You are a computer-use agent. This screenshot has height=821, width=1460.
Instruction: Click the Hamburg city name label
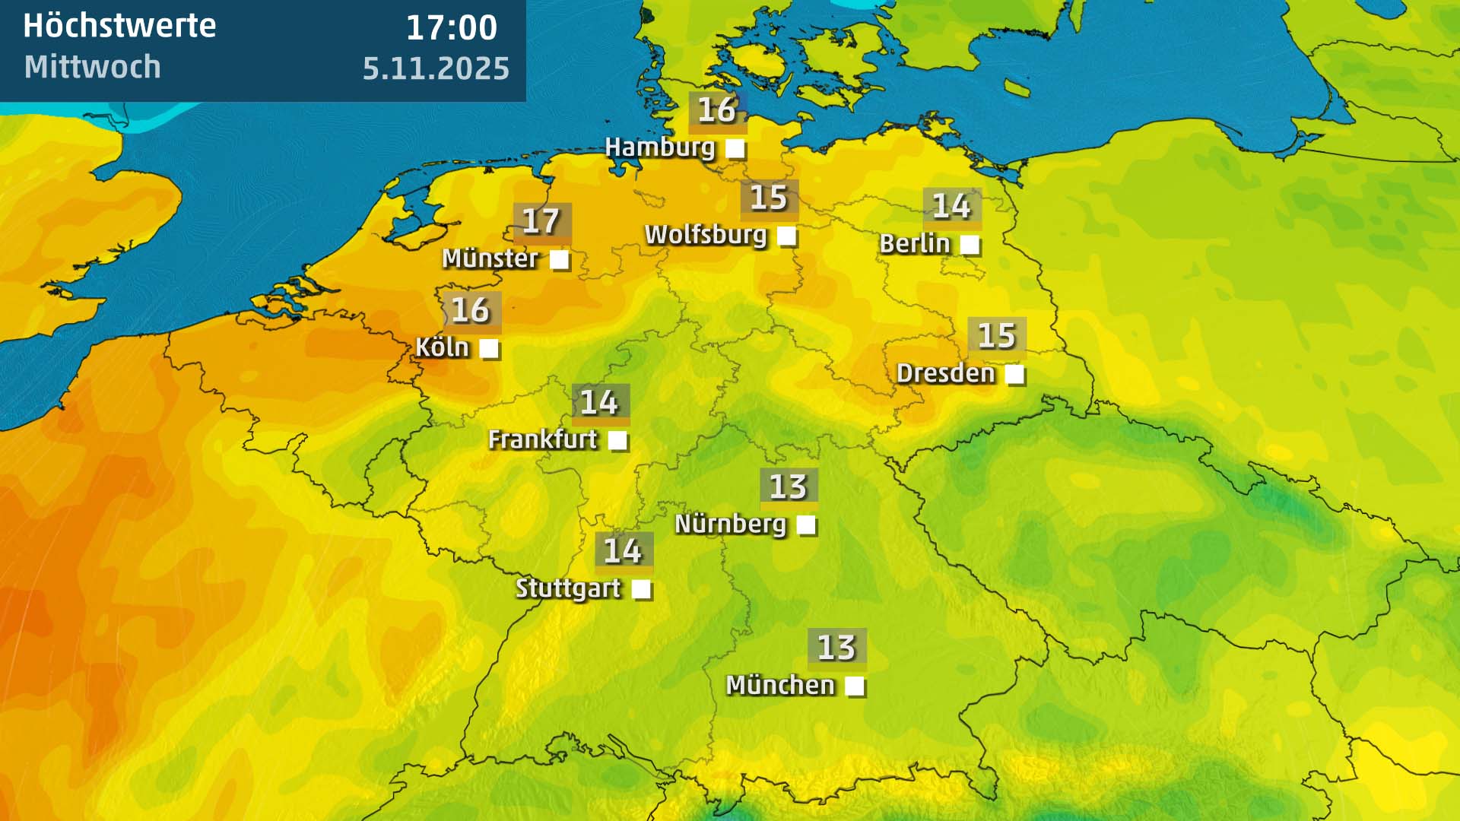[660, 147]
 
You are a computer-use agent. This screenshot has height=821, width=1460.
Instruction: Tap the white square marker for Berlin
[970, 245]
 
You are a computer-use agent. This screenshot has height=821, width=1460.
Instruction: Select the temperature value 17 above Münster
[541, 221]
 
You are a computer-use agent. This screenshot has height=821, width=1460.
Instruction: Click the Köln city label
[442, 347]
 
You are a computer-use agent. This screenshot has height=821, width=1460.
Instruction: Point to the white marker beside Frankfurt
[617, 440]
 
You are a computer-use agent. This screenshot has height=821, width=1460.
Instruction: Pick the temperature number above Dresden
[996, 336]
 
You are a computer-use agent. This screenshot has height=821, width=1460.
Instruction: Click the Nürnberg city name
[730, 524]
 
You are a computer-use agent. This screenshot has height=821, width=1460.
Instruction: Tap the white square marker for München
[855, 686]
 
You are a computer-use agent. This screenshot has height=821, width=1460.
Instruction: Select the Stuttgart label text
[568, 588]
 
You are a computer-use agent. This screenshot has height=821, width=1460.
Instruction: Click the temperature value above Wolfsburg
[769, 198]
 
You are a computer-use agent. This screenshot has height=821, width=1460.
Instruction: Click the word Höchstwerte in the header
[119, 27]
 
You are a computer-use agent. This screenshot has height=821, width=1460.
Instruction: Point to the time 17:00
[452, 29]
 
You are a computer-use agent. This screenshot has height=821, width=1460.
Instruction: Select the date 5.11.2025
[436, 68]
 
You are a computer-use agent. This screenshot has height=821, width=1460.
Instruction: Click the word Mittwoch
[92, 67]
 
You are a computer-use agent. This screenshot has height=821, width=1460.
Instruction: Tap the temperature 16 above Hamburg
[717, 110]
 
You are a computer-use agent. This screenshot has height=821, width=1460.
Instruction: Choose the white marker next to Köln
[489, 349]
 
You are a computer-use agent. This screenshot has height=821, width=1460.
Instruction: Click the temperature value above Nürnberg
[788, 487]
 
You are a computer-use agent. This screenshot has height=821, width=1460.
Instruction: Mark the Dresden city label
[945, 373]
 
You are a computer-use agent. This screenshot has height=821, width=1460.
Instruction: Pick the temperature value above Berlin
[951, 206]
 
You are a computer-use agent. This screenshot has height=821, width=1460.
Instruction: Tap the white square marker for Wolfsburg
[787, 236]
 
